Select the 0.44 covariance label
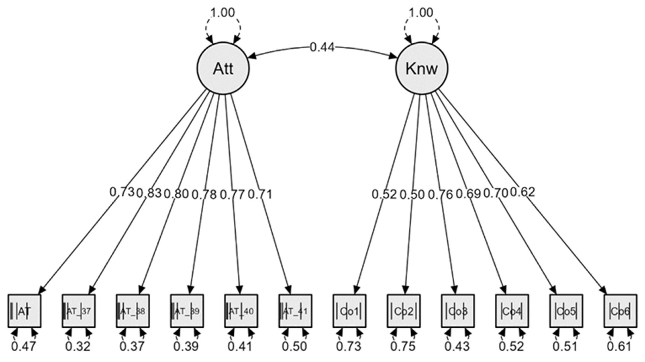[x=322, y=47]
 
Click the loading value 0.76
[x=440, y=194]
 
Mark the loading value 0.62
[x=522, y=193]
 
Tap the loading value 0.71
[x=260, y=194]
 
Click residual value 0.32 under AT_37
[x=78, y=347]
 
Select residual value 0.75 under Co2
[x=403, y=347]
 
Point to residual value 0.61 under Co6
[x=620, y=347]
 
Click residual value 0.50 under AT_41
[x=294, y=347]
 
